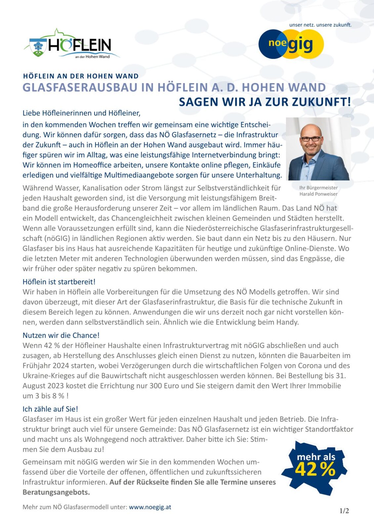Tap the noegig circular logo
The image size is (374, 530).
point(291,44)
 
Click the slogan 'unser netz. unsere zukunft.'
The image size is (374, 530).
point(320,25)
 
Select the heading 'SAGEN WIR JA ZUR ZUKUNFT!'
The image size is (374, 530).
point(265,102)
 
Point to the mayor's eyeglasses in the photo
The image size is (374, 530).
point(311,138)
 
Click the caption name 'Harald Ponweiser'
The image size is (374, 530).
point(318,194)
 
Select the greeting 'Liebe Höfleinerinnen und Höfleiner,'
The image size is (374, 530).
point(81,113)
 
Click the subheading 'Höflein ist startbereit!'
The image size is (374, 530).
point(59,282)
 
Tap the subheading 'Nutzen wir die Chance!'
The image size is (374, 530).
point(61,335)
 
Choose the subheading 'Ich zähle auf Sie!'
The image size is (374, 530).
point(50,409)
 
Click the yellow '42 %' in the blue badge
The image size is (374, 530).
point(315,470)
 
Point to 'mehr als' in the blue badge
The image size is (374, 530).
point(316,457)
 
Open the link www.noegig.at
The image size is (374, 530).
point(150,507)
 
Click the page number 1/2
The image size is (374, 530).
point(344,511)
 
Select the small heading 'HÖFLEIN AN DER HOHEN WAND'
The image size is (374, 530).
point(81,76)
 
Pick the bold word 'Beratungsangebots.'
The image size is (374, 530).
point(56,492)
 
